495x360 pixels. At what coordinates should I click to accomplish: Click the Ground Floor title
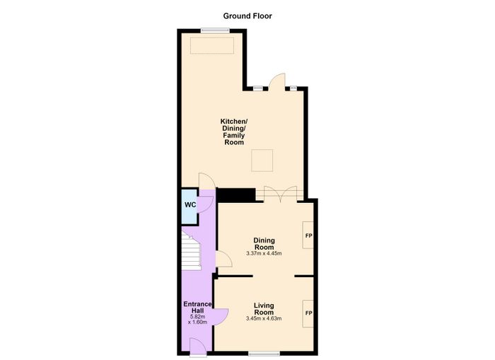tap(248, 16)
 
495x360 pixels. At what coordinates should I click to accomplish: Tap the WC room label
tap(190, 205)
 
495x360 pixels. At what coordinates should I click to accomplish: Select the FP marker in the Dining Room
tap(308, 236)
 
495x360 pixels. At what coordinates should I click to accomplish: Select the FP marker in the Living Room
tap(308, 313)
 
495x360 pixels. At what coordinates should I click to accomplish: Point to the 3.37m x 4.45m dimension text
tap(264, 253)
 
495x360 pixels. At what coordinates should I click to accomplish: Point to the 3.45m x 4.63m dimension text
tap(264, 318)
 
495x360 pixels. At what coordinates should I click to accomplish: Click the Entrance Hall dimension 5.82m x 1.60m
tap(197, 319)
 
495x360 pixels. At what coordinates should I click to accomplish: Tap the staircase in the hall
tap(192, 251)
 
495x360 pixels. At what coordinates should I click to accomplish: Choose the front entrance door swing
tap(198, 346)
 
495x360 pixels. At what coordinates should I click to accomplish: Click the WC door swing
tap(204, 204)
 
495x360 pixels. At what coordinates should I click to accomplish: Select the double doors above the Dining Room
tap(280, 194)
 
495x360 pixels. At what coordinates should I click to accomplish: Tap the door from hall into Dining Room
tap(224, 259)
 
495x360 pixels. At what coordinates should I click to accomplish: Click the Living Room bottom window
tap(264, 354)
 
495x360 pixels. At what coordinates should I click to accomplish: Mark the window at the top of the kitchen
tap(215, 30)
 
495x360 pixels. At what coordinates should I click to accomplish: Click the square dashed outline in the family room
tap(262, 161)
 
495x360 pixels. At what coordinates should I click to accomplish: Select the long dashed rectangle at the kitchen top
tap(212, 46)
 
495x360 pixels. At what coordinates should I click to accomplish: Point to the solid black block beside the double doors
tap(236, 194)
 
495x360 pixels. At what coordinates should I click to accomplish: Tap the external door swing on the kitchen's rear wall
tap(277, 81)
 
